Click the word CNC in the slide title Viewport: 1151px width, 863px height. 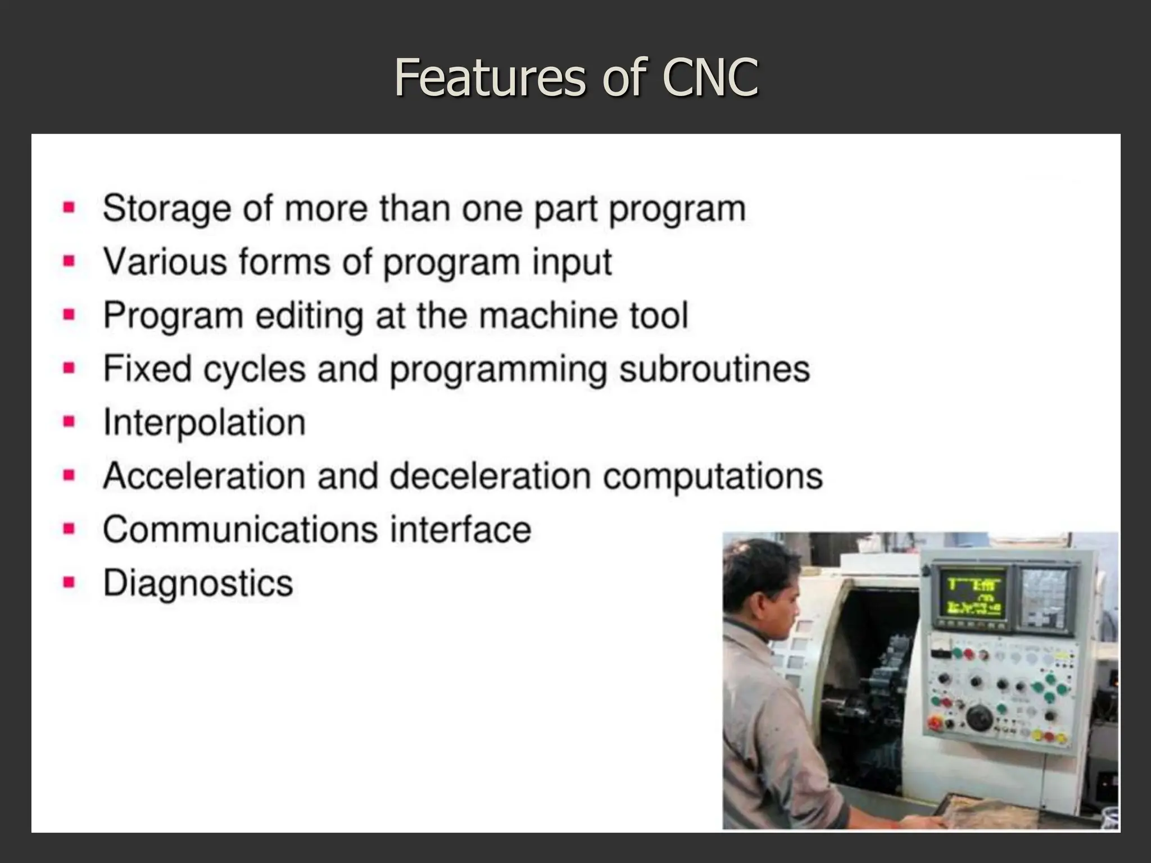(x=710, y=78)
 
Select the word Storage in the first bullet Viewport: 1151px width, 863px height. (x=167, y=209)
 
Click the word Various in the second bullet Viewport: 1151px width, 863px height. (x=165, y=262)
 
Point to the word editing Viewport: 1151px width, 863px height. (x=309, y=316)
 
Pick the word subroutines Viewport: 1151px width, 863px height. (x=714, y=369)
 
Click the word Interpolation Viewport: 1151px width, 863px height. (x=204, y=423)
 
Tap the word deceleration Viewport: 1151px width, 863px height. (x=490, y=476)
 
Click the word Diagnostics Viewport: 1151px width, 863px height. (x=198, y=583)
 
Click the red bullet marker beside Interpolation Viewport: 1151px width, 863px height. (x=69, y=422)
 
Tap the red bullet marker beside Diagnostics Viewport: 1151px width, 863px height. (x=69, y=582)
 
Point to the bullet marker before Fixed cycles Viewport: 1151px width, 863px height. (x=69, y=369)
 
